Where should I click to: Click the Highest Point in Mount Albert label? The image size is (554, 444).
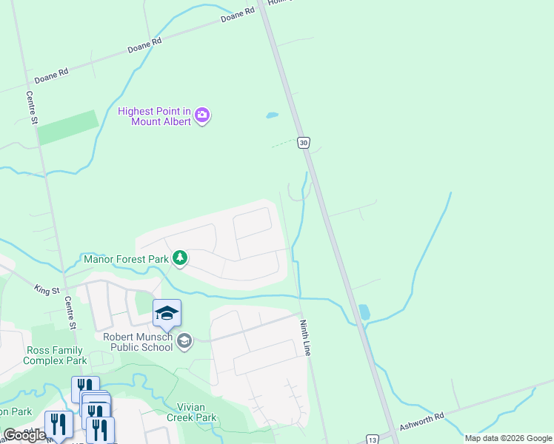(155, 116)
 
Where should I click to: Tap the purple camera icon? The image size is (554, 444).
(202, 115)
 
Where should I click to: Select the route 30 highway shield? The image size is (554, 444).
(303, 142)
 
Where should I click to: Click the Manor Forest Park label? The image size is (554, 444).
(125, 259)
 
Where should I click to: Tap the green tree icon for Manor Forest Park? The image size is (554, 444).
(179, 258)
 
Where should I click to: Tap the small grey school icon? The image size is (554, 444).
(184, 340)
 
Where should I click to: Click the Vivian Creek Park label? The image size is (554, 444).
(196, 412)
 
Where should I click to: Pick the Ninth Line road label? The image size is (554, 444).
(304, 337)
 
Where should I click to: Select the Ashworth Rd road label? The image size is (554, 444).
(421, 421)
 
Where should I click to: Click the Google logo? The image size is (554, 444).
(24, 435)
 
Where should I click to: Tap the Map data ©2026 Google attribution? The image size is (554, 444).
(507, 438)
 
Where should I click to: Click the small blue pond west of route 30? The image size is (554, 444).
(272, 115)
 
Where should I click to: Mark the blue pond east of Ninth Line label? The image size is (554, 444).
(364, 312)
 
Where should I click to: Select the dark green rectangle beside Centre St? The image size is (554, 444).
(67, 127)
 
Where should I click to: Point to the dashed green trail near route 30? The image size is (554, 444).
(284, 144)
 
